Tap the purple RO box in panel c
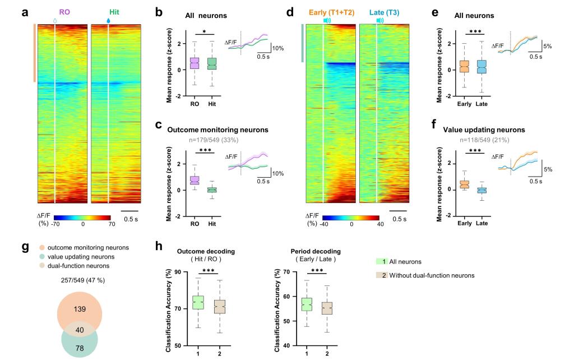click(x=194, y=180)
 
